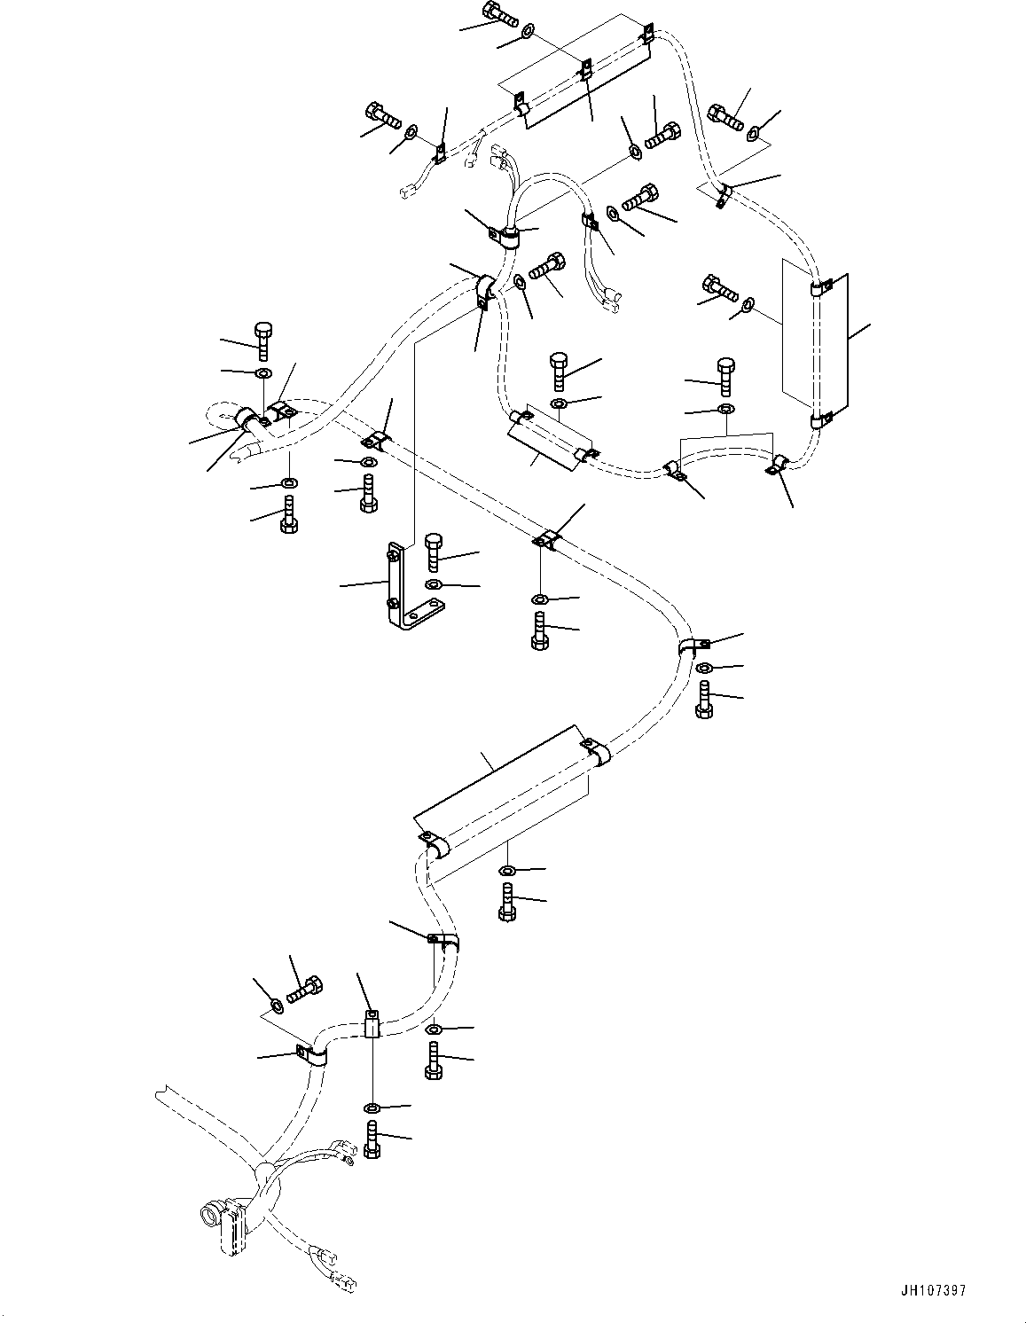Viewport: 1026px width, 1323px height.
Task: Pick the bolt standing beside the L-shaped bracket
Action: click(433, 552)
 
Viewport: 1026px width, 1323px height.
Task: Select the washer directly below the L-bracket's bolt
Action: click(433, 584)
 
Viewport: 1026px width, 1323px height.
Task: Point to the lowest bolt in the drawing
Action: click(372, 1137)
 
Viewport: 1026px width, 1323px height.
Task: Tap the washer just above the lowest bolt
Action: click(372, 1107)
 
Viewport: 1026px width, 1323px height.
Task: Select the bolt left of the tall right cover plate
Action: click(721, 288)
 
